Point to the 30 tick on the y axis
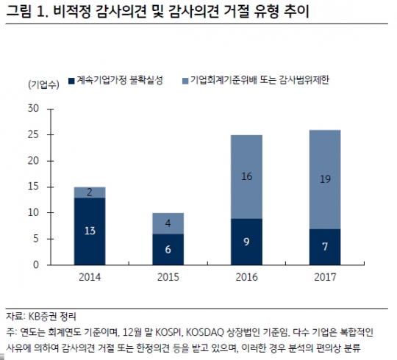point(32,109)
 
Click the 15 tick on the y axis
point(32,187)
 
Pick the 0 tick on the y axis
point(35,264)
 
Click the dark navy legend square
point(71,79)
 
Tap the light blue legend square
point(185,79)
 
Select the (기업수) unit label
point(43,82)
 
